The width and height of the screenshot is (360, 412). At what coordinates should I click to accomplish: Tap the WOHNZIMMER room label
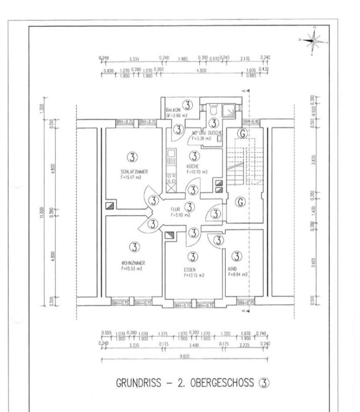pyautogui.click(x=133, y=263)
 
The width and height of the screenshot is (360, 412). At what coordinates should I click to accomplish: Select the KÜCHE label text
pyautogui.click(x=193, y=166)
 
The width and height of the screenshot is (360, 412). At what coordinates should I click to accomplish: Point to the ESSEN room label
pyautogui.click(x=190, y=270)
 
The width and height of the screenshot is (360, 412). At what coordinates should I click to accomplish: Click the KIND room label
pyautogui.click(x=232, y=269)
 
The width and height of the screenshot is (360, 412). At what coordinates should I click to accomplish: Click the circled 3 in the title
pyautogui.click(x=264, y=383)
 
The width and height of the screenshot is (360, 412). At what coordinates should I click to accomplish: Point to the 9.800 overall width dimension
pyautogui.click(x=184, y=356)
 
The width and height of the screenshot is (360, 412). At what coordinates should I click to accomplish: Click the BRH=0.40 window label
pyautogui.click(x=251, y=122)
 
